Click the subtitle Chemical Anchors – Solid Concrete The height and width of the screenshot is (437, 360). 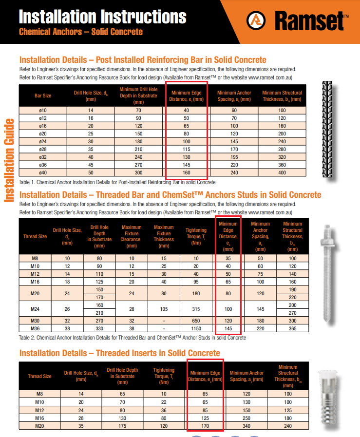[x=80, y=32]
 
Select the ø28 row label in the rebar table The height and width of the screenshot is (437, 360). [x=43, y=149]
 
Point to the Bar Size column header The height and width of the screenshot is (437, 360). [x=43, y=95]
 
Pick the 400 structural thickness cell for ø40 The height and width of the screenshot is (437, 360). [x=282, y=172]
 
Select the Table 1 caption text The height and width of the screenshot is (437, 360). [x=117, y=182]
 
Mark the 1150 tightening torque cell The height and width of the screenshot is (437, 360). [x=196, y=328]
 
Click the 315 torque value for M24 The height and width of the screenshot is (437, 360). [x=196, y=308]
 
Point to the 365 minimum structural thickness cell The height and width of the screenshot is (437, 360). [x=292, y=328]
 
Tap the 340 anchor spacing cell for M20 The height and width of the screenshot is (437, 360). [x=246, y=426]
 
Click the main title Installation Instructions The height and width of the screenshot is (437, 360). [x=102, y=17]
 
